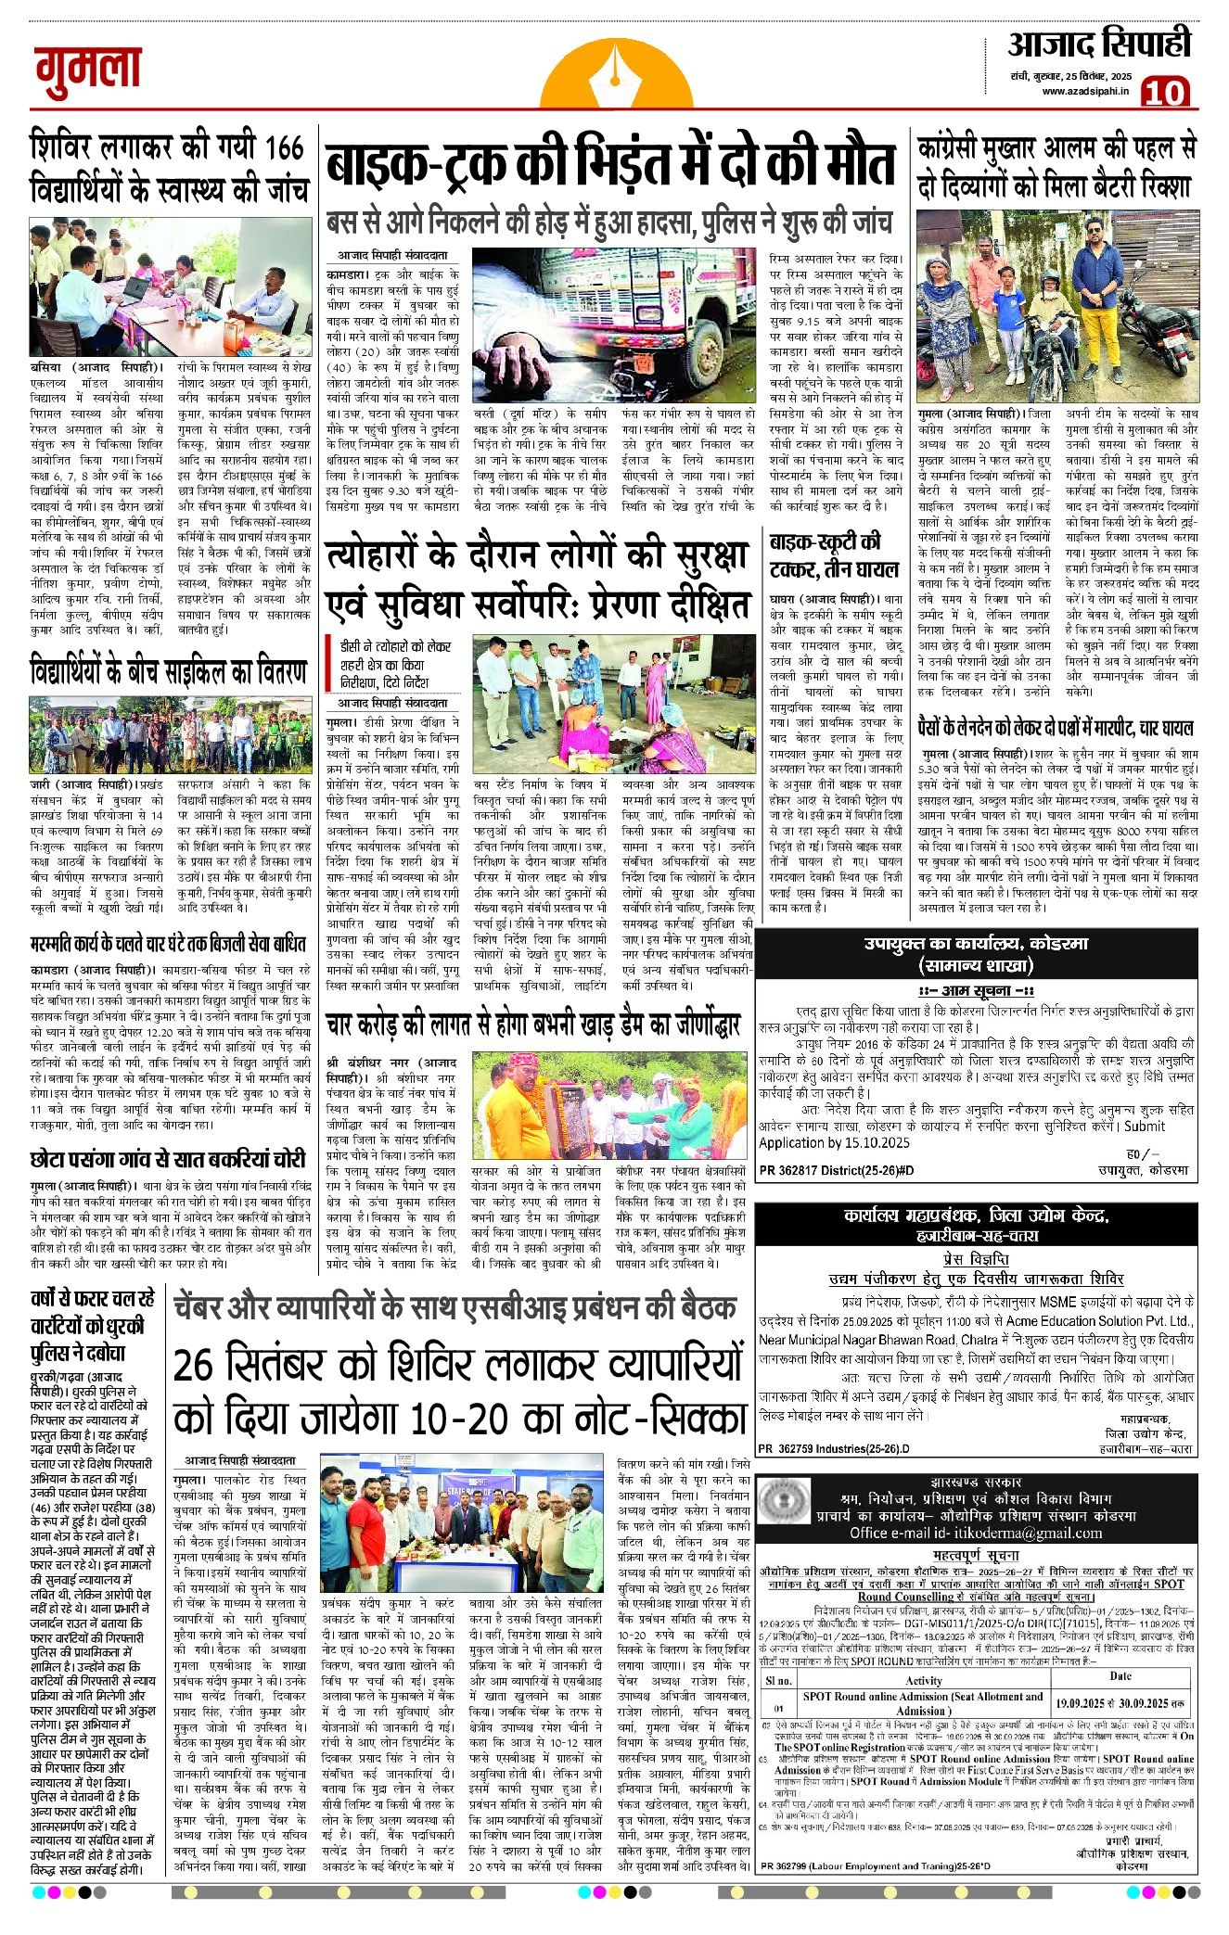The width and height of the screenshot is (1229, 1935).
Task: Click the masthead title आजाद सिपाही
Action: pos(1098,45)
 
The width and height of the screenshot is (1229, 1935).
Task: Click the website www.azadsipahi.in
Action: pos(1084,91)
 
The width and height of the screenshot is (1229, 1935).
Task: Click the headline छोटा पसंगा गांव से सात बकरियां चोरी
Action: pos(168,1159)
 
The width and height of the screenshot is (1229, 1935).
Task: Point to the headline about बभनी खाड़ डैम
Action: pos(533,1025)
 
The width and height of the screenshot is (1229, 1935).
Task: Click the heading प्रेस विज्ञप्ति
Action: pos(975,1258)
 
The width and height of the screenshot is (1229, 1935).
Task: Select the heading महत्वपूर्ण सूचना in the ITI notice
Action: pos(975,1555)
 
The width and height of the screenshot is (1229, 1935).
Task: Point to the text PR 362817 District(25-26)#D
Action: pos(836,1171)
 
